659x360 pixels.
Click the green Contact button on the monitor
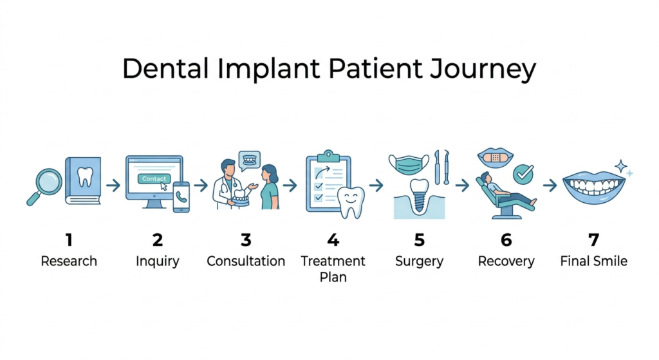click(154, 178)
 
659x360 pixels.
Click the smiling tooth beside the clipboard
click(351, 202)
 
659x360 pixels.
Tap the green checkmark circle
click(523, 173)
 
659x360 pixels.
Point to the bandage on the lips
click(495, 157)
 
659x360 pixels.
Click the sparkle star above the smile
click(621, 166)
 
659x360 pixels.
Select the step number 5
click(419, 240)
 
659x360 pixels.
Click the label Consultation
click(246, 261)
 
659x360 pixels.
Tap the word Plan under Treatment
click(333, 278)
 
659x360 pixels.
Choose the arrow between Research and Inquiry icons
click(113, 185)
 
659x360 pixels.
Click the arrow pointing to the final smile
click(549, 185)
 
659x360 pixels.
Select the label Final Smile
click(593, 261)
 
